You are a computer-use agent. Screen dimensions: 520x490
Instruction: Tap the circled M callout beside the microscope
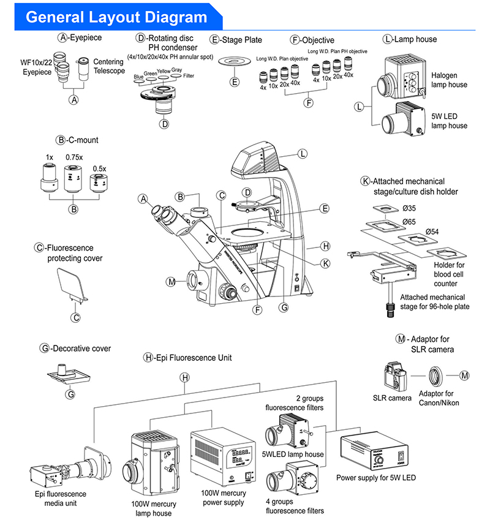(171, 282)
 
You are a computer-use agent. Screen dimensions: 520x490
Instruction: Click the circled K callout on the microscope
(325, 263)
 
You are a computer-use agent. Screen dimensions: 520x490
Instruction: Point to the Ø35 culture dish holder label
(409, 206)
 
